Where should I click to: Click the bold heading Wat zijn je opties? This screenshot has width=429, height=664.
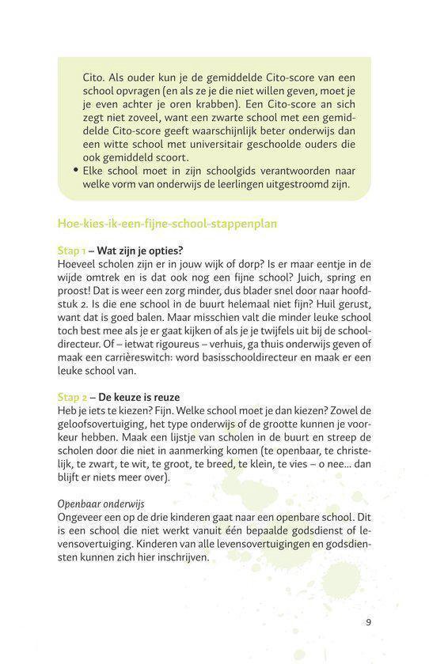139,250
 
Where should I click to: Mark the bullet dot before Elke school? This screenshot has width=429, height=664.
75,170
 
